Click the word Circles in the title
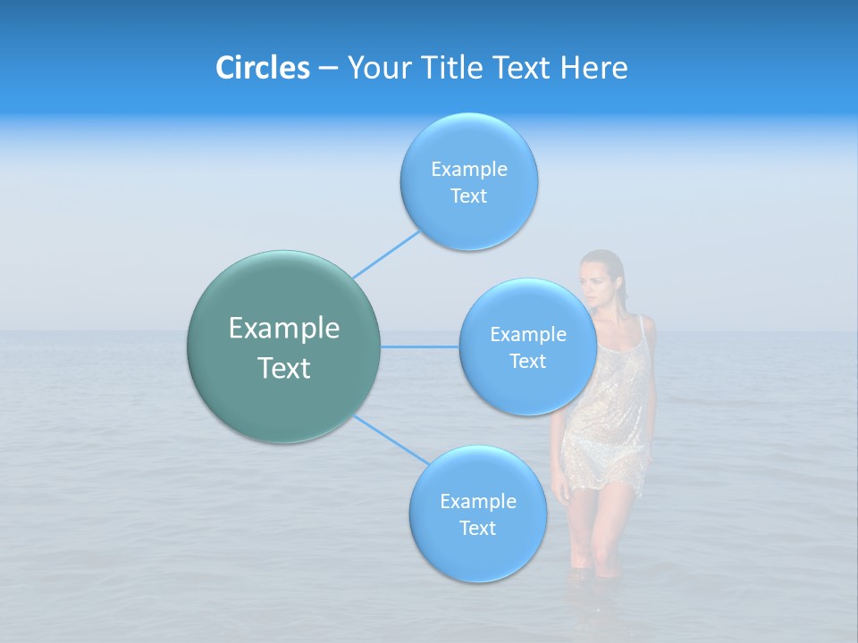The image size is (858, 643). click(263, 68)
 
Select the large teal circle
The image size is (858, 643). click(284, 347)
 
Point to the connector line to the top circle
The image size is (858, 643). click(387, 254)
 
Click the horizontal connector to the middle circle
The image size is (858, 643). click(420, 347)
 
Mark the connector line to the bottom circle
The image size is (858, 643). click(390, 439)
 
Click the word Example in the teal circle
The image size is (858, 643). click(284, 329)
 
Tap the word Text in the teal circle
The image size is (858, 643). click(284, 368)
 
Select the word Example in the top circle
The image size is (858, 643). click(469, 169)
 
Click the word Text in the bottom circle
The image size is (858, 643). click(477, 528)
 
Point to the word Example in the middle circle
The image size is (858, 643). click(528, 334)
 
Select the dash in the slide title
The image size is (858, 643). click(328, 68)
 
